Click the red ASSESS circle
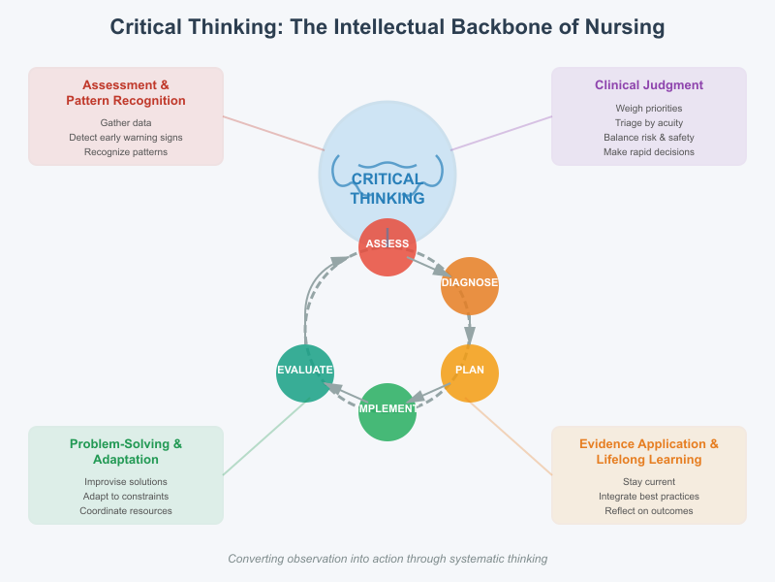(387, 246)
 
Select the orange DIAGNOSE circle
(470, 285)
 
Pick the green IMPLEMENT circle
(387, 411)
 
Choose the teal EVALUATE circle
(305, 372)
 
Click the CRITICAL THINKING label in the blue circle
(387, 188)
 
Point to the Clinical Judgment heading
(649, 85)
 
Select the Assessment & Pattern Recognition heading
(126, 93)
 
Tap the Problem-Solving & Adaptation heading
(126, 452)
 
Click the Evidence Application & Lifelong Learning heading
(649, 452)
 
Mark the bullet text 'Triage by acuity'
(649, 123)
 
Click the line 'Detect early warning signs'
(126, 138)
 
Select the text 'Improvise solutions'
(126, 482)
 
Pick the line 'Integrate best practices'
(649, 497)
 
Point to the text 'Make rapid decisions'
(649, 152)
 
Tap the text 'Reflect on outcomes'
(649, 511)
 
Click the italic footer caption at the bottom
(387, 559)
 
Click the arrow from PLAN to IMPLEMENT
(430, 392)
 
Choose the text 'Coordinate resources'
(126, 511)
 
